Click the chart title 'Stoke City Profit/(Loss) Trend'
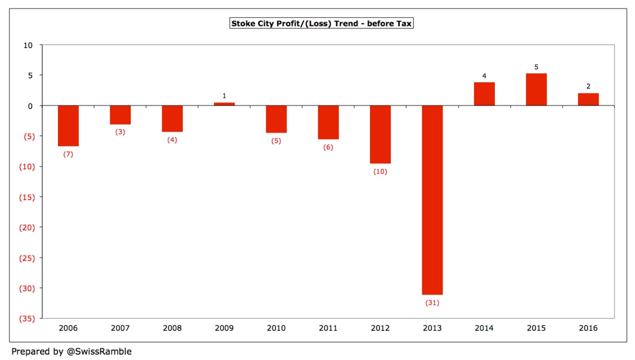[x=321, y=23]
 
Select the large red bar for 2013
[x=432, y=200]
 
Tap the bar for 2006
[x=68, y=125]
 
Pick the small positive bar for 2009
[x=224, y=104]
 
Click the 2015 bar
[x=536, y=90]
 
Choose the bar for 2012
[x=380, y=134]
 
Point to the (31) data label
[x=432, y=302]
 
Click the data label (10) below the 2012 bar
[x=380, y=171]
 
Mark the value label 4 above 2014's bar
[x=484, y=76]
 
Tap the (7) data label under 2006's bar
[x=68, y=154]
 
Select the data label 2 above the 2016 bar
[x=588, y=86]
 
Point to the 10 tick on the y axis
[x=28, y=45]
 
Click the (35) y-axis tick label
[x=27, y=318]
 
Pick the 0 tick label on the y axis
[x=30, y=106]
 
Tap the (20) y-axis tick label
[x=27, y=227]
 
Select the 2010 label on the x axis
[x=276, y=328]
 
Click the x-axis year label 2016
[x=588, y=328]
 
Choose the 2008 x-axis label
[x=172, y=328]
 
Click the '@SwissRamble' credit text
[x=99, y=351]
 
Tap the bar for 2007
[x=120, y=115]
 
